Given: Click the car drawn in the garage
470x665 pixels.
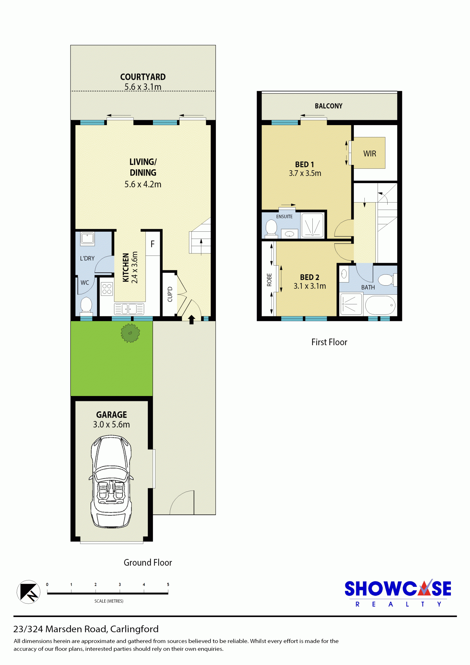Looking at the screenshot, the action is coord(111,482).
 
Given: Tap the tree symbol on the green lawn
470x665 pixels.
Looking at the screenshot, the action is coord(130,333).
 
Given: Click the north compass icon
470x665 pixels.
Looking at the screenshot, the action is coord(29,592).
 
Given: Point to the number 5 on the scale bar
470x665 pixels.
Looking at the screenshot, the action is coord(168,584).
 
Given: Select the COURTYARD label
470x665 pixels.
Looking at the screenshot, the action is coord(143,77).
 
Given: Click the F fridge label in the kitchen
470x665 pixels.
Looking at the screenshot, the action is coord(153,244).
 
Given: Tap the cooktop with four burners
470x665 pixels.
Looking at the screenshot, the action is coord(107,289).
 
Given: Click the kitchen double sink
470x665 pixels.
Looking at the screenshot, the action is coord(129,309).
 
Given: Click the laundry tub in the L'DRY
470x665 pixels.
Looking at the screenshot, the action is coord(87,239).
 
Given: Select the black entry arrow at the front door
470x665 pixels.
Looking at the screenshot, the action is coord(191,319).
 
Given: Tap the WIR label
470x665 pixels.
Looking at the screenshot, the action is coord(370,154).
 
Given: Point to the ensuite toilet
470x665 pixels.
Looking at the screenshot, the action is coord(271,227).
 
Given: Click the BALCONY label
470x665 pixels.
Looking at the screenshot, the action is coord(329,106).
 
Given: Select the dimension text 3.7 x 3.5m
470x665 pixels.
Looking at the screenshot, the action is coord(305,173).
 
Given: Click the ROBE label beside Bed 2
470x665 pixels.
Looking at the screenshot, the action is coord(269,280).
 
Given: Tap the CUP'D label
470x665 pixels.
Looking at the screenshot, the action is coord(170,294).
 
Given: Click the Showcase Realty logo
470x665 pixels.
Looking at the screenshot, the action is coord(398,593).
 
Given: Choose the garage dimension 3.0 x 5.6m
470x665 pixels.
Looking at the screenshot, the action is coord(111,424).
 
